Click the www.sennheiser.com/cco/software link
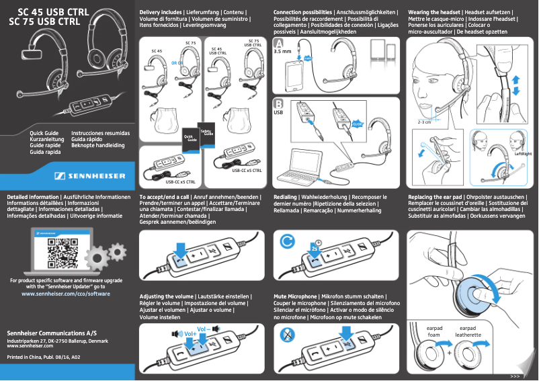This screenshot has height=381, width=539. [65, 294]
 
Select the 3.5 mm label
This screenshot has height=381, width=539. [282, 52]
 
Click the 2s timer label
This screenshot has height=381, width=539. [315, 247]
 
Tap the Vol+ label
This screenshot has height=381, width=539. [189, 333]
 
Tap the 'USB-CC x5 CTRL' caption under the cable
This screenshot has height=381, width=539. [181, 182]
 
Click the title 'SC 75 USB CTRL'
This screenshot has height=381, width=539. [44, 22]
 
